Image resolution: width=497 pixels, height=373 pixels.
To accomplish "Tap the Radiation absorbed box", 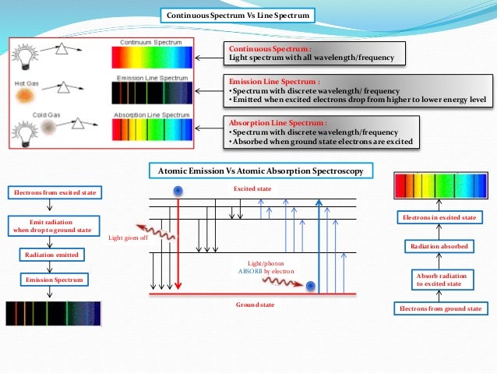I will coord(440,246).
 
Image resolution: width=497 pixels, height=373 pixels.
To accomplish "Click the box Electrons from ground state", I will coord(440,309).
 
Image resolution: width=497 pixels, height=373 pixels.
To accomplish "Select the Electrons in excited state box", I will coord(440,218).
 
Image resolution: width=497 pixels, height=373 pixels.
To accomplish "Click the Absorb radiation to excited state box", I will coord(440,279).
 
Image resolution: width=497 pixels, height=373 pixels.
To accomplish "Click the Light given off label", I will coord(128,238).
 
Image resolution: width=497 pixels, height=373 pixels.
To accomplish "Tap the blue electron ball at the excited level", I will coord(178,192).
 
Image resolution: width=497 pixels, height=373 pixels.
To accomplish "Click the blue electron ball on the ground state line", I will coord(311,287).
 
